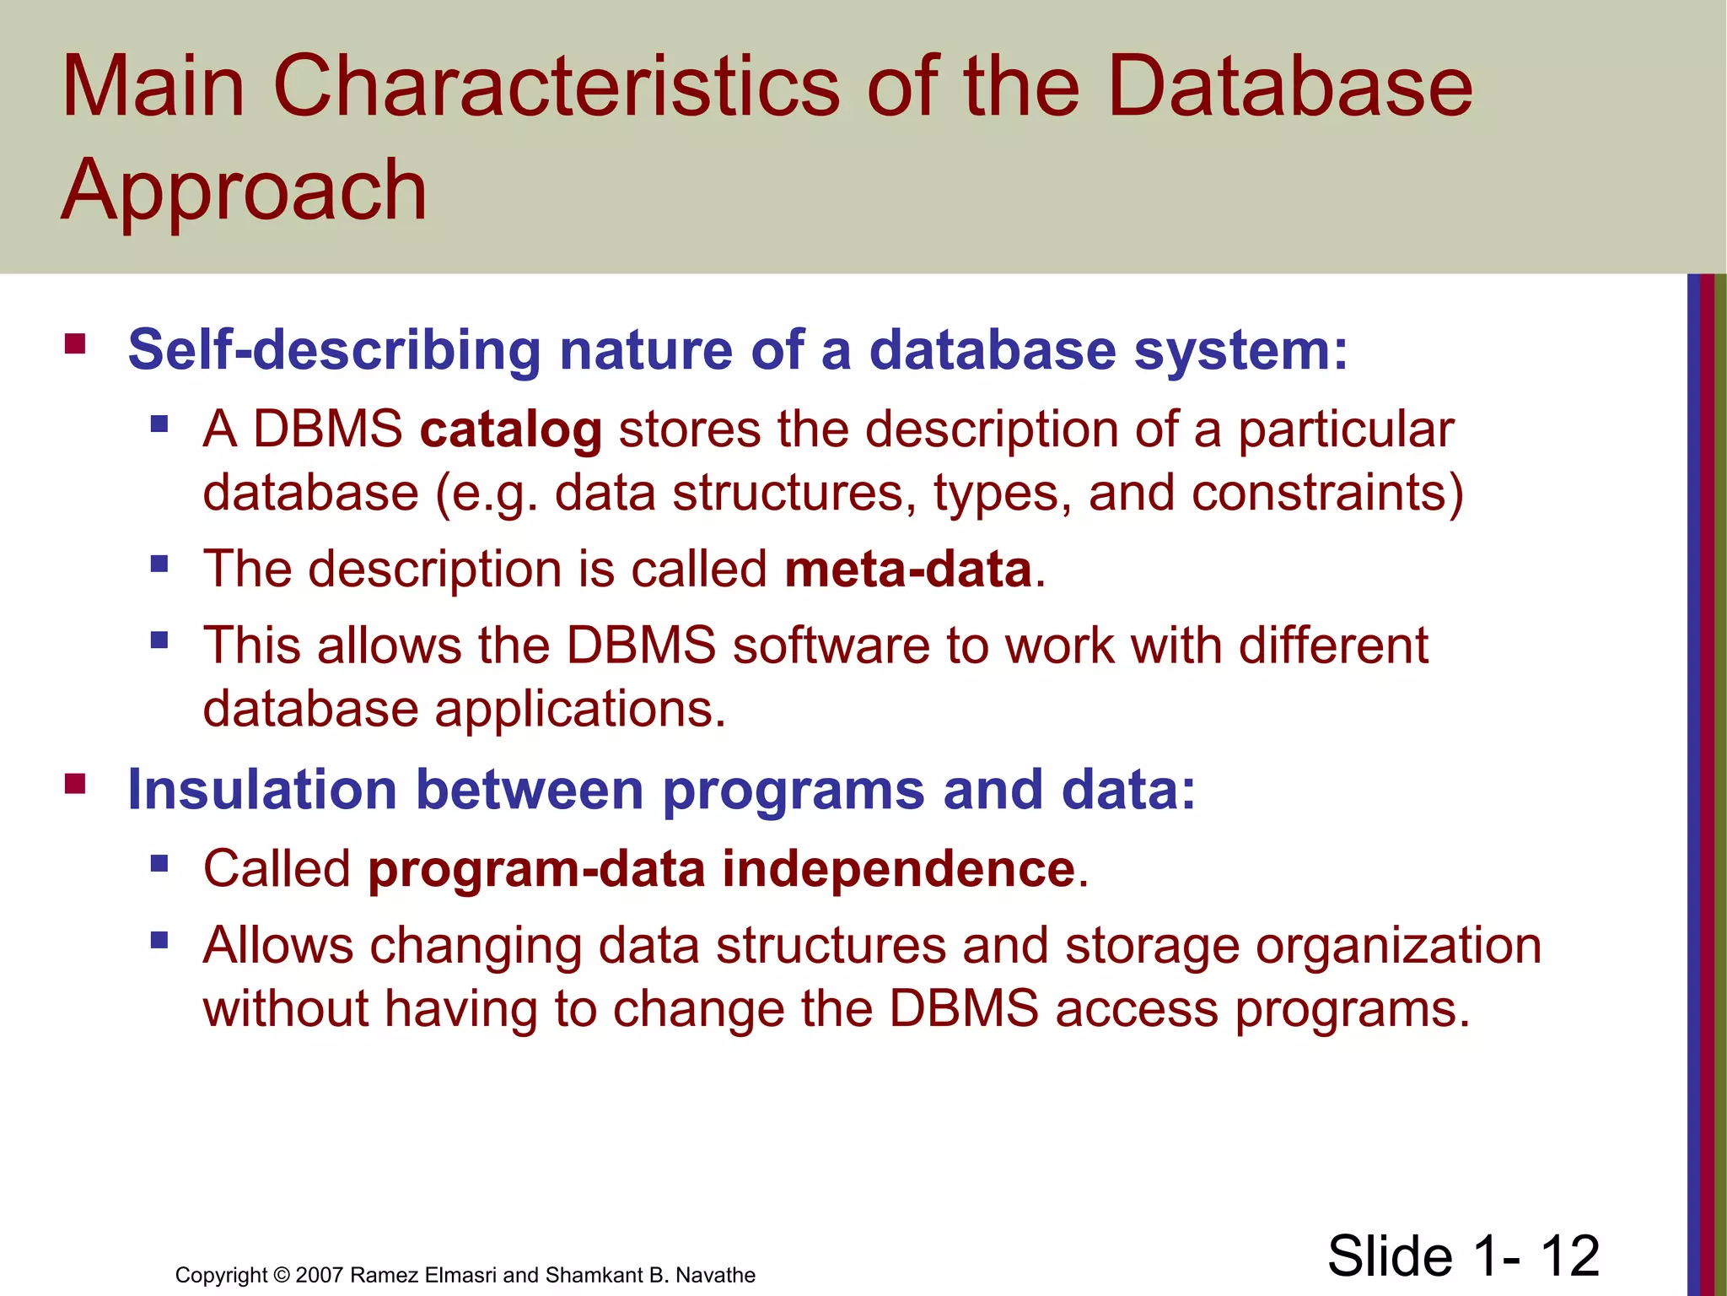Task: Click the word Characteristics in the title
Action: (x=557, y=86)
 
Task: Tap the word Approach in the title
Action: (x=245, y=191)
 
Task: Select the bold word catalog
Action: (x=511, y=430)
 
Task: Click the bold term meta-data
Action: (x=908, y=570)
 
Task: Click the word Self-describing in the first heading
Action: (x=334, y=350)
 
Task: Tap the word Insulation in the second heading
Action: (x=261, y=791)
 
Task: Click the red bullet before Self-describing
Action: (x=75, y=344)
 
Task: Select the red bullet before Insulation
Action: (x=75, y=784)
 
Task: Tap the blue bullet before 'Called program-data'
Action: (x=159, y=863)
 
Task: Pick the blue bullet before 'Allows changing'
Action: (x=159, y=939)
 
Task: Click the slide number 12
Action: (x=1569, y=1255)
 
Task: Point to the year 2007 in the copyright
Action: (x=320, y=1275)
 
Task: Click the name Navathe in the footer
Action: (x=715, y=1275)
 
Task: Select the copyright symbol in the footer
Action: (x=282, y=1275)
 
